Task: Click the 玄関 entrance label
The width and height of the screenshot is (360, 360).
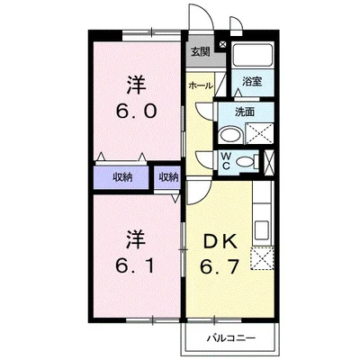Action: click(x=200, y=51)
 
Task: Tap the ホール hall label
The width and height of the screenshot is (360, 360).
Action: click(x=200, y=85)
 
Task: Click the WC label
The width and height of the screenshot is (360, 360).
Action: click(x=228, y=162)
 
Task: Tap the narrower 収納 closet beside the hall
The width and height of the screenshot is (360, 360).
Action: click(x=168, y=177)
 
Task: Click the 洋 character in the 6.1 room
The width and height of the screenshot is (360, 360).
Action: click(x=135, y=239)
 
